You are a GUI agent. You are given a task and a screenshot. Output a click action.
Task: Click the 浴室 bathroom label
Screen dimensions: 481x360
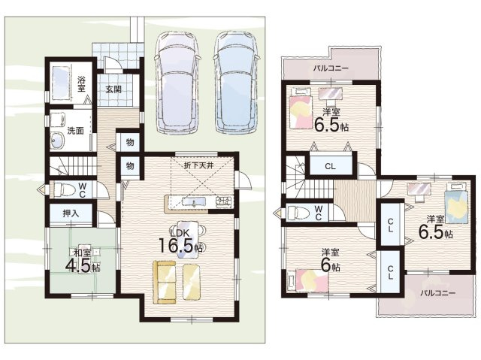point(81,84)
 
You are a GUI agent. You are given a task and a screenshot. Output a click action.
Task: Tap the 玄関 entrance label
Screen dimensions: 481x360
point(113,89)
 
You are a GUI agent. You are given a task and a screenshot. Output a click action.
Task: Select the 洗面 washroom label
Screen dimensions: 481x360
point(75,131)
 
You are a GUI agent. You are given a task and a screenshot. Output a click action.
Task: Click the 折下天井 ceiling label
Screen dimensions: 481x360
point(198,165)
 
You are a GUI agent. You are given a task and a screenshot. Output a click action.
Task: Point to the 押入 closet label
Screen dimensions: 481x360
point(71,213)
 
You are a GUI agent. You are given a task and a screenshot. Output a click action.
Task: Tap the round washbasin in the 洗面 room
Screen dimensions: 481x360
point(57,141)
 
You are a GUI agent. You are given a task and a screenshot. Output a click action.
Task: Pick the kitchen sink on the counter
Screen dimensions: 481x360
point(194,201)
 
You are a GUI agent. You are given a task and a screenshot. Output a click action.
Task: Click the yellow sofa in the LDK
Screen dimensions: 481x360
point(165,282)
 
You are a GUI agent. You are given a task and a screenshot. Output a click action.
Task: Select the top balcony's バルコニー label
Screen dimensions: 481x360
point(331,68)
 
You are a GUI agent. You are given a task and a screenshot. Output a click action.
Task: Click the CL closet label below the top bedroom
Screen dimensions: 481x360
point(330,167)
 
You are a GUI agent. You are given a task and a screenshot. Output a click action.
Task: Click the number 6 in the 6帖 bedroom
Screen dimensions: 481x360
point(325,265)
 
